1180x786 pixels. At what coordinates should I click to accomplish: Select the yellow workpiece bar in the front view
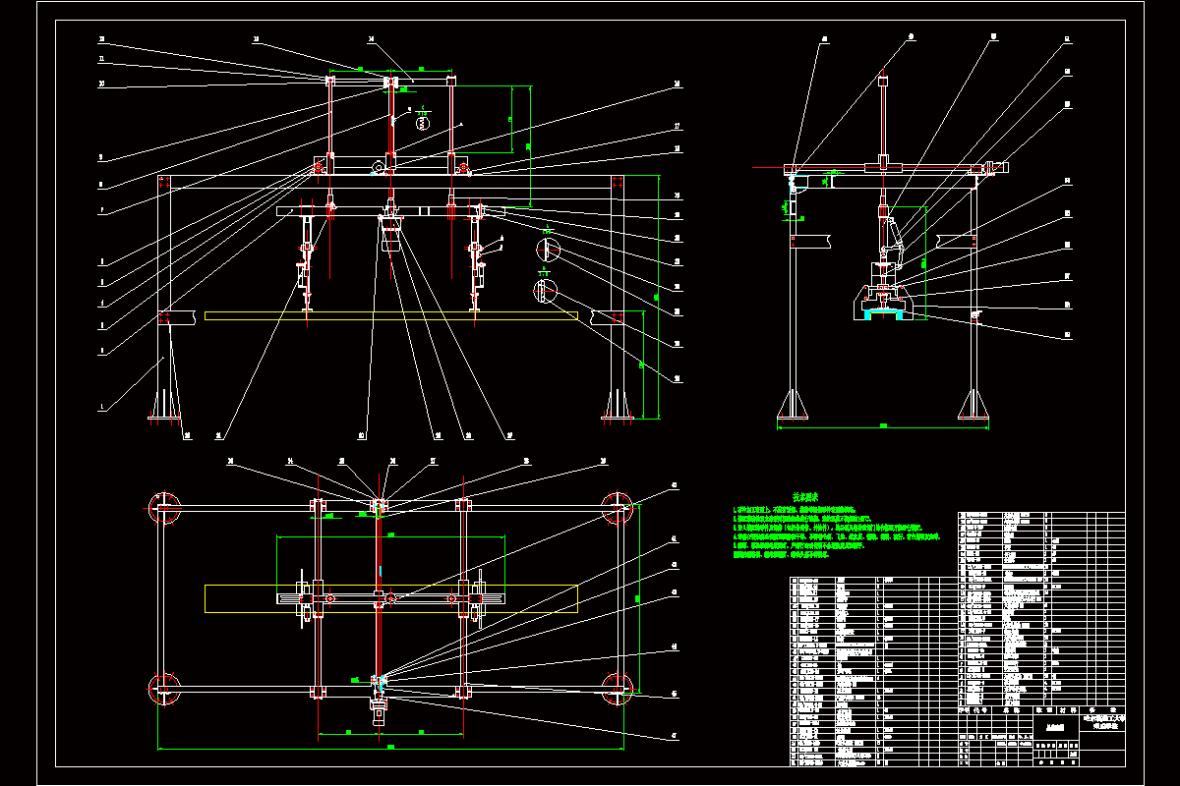[x=393, y=314]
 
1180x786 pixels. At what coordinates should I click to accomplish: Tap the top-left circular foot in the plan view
[x=164, y=508]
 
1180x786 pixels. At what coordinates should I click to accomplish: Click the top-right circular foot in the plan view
[x=619, y=508]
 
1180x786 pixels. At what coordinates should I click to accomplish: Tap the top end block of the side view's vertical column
[x=883, y=80]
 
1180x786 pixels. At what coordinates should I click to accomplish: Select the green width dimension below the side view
[x=883, y=426]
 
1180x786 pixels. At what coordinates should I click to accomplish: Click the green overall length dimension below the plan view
[x=391, y=748]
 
